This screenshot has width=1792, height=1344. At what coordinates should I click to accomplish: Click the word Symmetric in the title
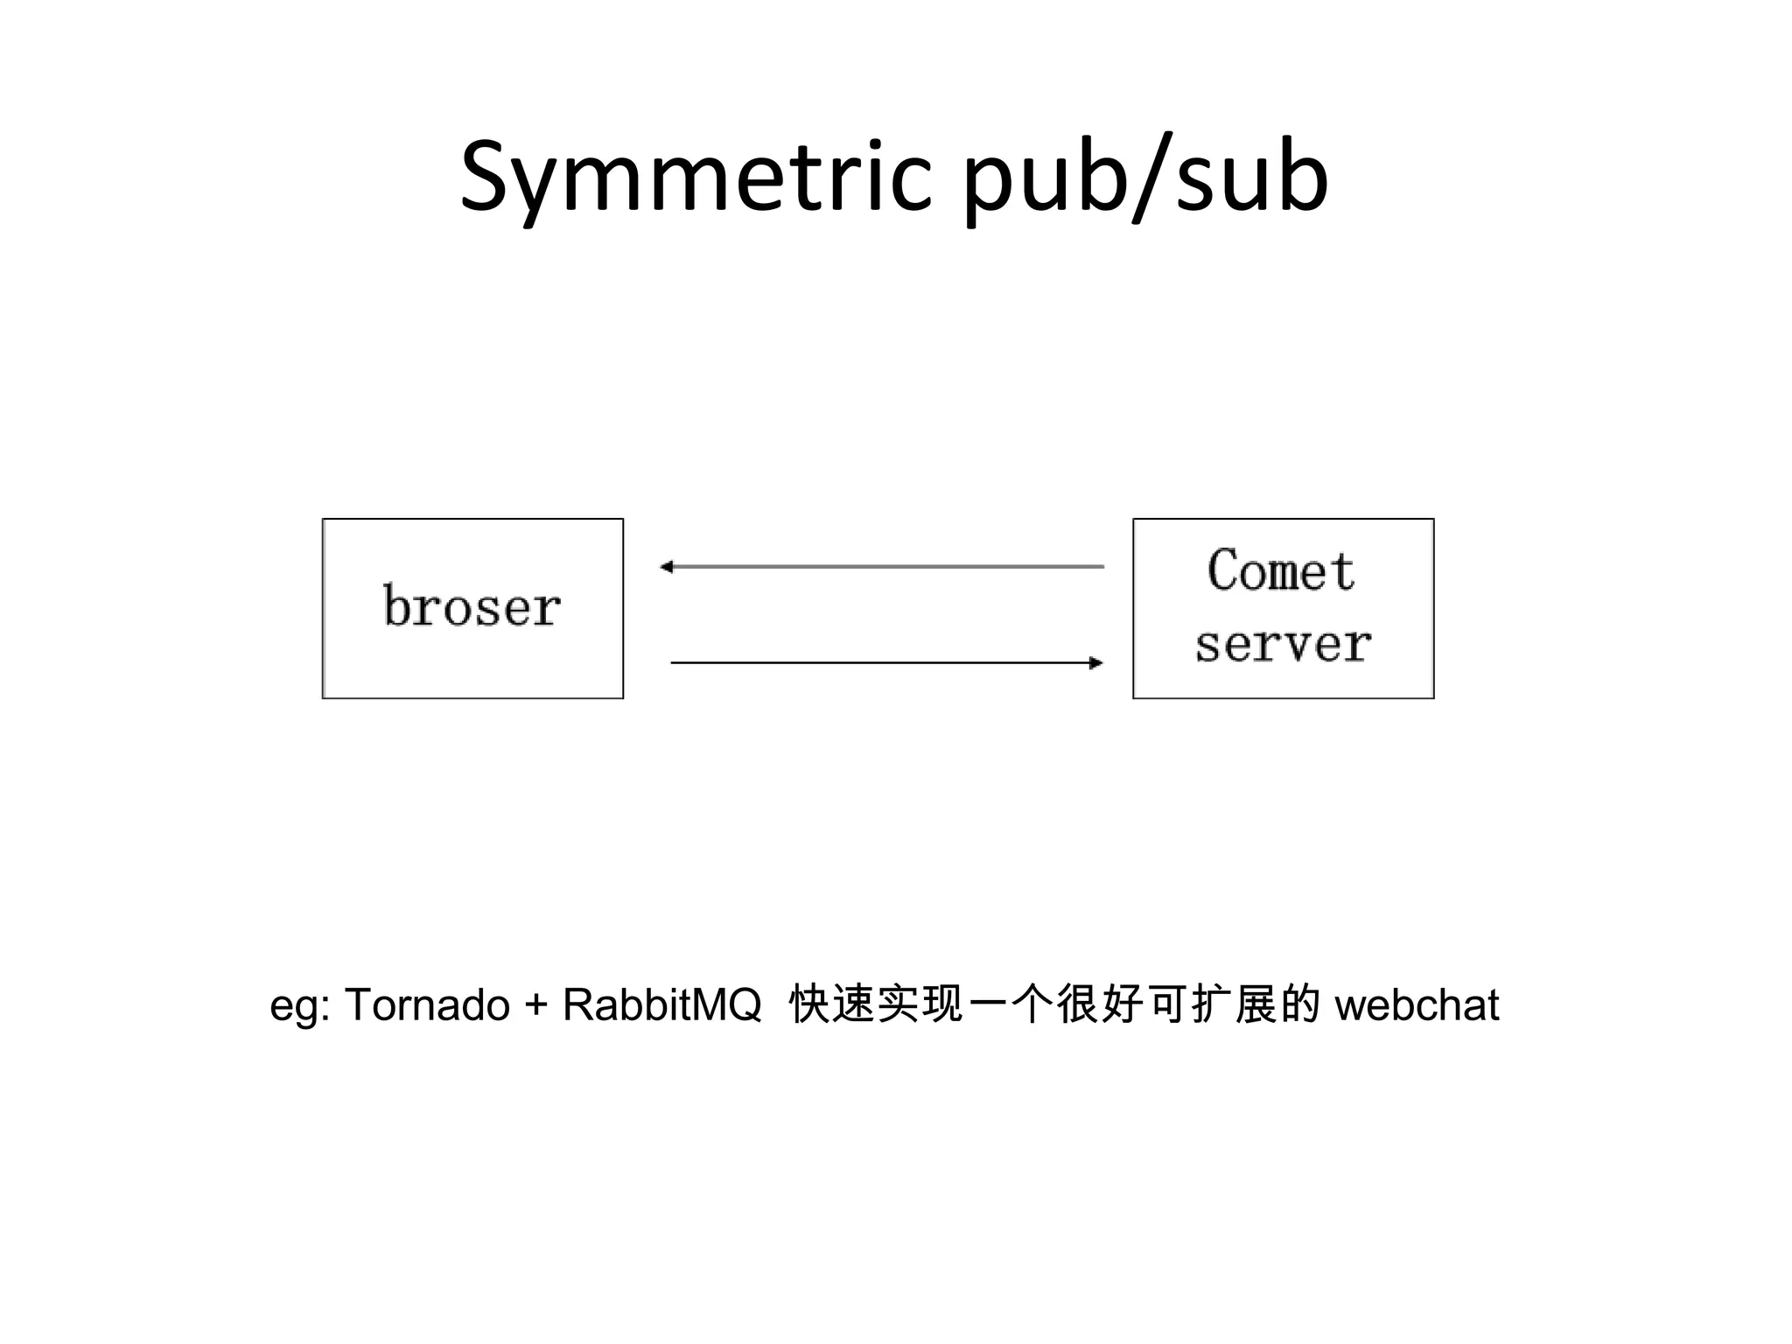pos(696,178)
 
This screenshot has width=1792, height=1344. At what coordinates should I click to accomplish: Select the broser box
pos(472,608)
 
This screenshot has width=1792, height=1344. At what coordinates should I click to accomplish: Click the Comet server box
pos(1283,608)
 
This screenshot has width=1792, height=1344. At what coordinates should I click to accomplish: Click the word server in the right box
pos(1283,645)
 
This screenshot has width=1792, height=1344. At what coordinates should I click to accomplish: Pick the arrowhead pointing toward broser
pos(666,567)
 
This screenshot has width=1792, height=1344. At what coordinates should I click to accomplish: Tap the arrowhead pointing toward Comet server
pos(1096,663)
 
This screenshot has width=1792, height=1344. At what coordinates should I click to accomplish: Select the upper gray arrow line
pos(884,567)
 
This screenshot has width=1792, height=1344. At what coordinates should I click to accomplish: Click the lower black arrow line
pos(884,663)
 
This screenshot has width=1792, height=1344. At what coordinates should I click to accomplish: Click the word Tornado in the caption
pos(427,1004)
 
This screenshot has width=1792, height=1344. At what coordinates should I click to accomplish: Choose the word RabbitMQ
pos(661,1004)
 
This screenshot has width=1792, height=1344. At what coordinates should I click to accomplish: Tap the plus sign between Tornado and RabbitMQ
pos(535,1004)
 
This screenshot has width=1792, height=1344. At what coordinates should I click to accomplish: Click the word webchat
pos(1417,1004)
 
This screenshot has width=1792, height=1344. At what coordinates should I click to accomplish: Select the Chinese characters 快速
pos(831,1004)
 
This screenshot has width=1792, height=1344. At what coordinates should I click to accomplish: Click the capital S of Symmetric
pos(486,178)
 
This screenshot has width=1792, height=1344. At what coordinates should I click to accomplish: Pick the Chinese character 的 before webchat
pos(1300,1004)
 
